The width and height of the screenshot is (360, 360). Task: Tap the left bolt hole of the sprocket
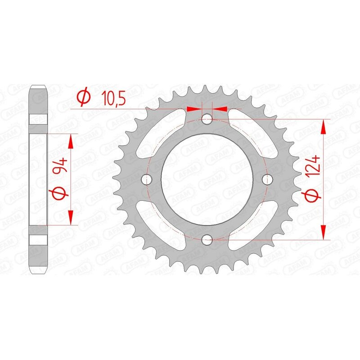pos(146,179)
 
